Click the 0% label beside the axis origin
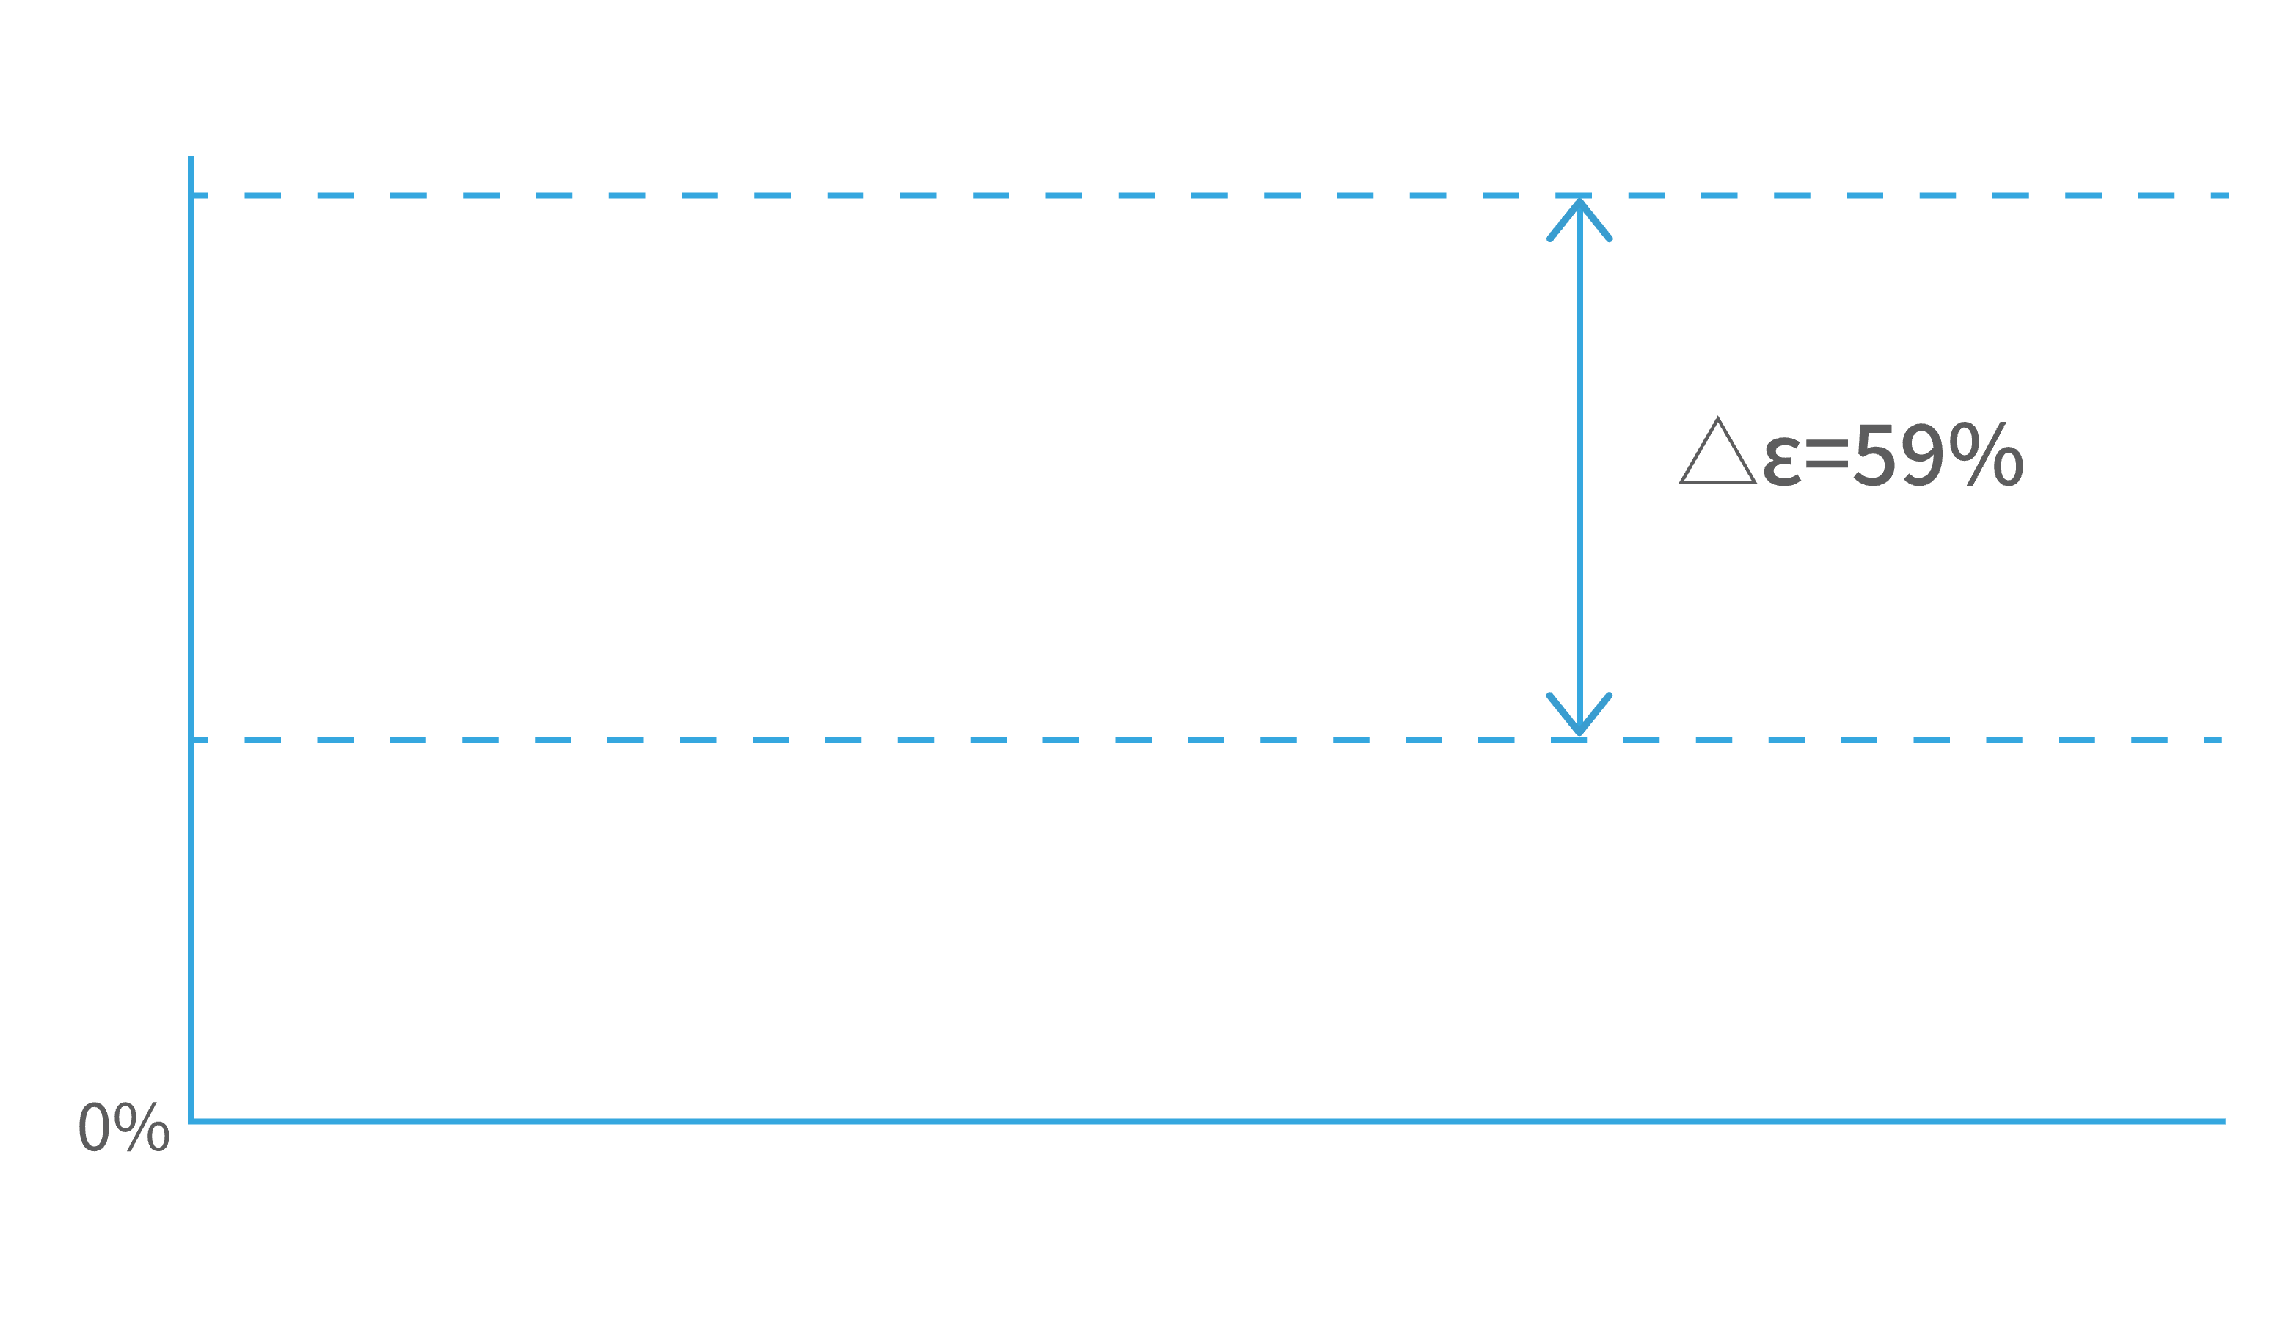[x=124, y=1126]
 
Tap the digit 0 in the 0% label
[x=94, y=1127]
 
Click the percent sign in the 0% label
[x=142, y=1126]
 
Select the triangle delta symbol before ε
[x=1718, y=450]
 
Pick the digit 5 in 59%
[x=1874, y=455]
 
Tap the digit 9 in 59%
[x=1922, y=454]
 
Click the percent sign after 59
[x=1987, y=454]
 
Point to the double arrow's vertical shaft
[x=1579, y=467]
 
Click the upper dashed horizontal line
[x=1210, y=195]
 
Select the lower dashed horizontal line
[x=1207, y=740]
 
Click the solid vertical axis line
[x=191, y=638]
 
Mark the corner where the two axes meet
[x=191, y=1122]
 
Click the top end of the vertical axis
[x=191, y=156]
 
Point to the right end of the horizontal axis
[x=2225, y=1122]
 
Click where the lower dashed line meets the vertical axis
[x=191, y=740]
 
